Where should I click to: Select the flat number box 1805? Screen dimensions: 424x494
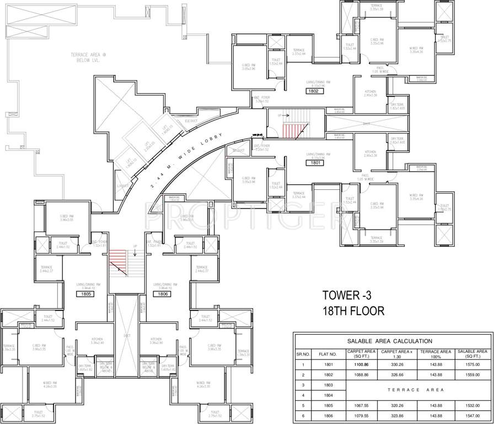85,294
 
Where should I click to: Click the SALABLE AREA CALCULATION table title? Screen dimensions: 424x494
394,341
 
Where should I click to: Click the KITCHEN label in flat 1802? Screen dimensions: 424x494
370,92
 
